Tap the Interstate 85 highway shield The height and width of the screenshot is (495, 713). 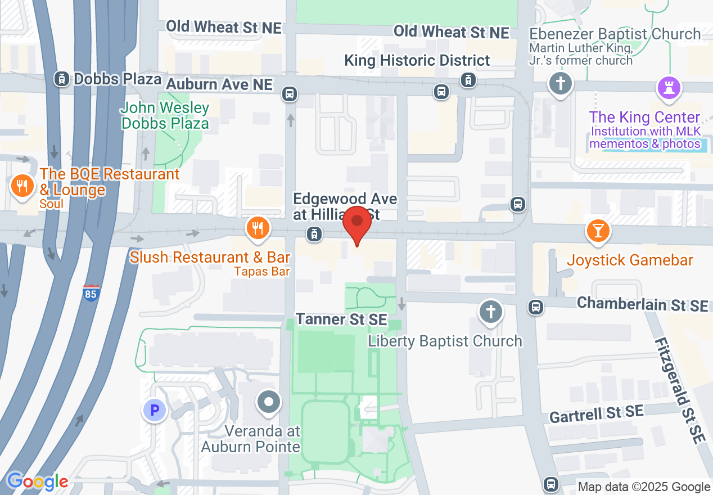(x=91, y=293)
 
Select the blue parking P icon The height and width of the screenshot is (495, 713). (x=154, y=410)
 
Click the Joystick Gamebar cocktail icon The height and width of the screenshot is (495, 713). (x=597, y=230)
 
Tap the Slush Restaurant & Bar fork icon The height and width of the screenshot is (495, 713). (x=258, y=228)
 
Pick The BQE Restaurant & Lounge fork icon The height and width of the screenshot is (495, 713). (x=22, y=186)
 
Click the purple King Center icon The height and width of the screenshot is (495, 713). (x=669, y=89)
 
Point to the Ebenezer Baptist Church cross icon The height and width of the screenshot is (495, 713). (x=560, y=84)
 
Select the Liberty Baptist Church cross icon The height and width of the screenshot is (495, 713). (x=490, y=310)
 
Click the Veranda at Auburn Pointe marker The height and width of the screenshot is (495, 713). (x=268, y=402)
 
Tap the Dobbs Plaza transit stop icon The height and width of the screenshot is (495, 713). (x=61, y=79)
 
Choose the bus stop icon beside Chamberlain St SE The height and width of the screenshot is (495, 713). (x=535, y=307)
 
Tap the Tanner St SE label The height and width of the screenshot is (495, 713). (x=341, y=319)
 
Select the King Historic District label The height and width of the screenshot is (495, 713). (x=417, y=61)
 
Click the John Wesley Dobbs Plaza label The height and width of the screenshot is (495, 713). (x=165, y=115)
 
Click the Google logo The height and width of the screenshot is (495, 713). (x=37, y=481)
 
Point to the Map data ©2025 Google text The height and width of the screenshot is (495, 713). (x=644, y=487)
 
